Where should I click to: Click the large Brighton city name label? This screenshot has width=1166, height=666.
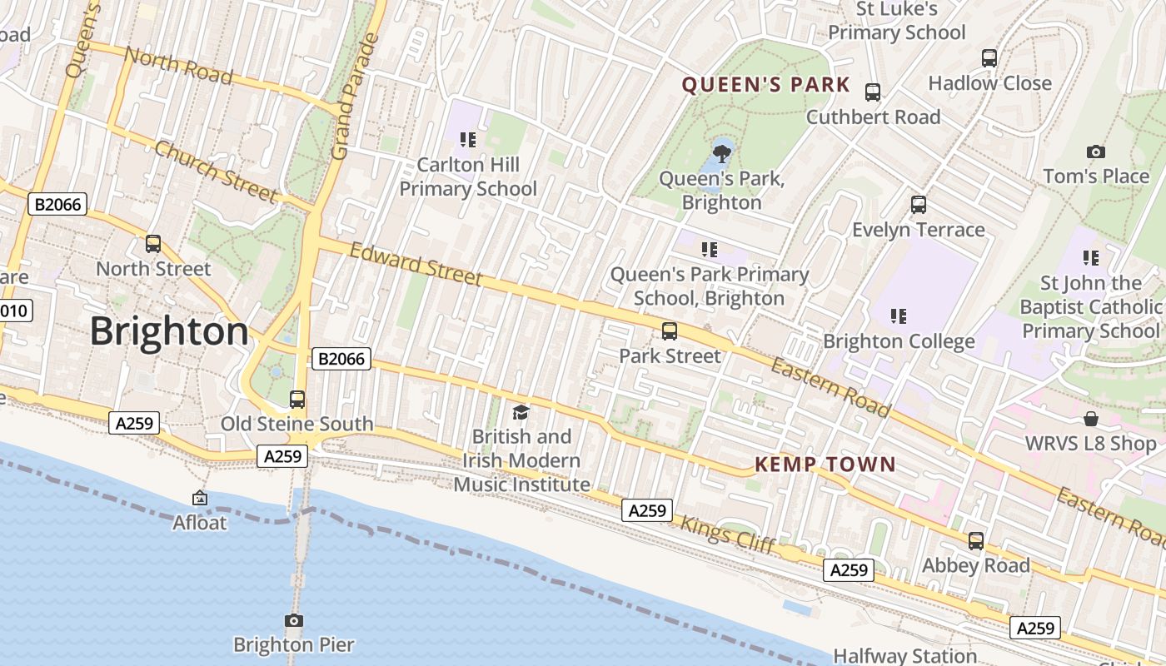[169, 331]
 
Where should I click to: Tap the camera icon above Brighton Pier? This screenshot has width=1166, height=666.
[293, 620]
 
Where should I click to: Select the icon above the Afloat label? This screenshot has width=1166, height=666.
[200, 498]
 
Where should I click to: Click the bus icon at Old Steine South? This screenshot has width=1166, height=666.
[297, 399]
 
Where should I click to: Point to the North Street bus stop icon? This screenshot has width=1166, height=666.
[153, 243]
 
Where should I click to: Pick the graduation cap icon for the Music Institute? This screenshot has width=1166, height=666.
[521, 411]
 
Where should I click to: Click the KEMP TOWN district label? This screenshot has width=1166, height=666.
[825, 465]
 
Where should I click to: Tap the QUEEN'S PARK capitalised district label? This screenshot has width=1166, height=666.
[766, 85]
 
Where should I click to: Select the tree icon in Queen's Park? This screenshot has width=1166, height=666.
[722, 152]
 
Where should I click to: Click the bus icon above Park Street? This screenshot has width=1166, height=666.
[670, 331]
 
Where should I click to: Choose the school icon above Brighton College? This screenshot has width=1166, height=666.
[898, 316]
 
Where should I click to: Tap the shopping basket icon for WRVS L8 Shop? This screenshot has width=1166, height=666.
[1090, 418]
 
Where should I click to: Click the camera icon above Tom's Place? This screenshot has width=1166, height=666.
[1096, 152]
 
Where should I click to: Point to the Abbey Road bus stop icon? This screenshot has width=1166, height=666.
[975, 540]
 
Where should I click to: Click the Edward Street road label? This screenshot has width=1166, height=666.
[416, 264]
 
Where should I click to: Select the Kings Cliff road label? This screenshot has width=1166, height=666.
[728, 534]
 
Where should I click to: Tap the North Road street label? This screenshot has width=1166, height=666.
[178, 65]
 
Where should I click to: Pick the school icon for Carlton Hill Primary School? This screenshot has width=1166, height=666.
[468, 139]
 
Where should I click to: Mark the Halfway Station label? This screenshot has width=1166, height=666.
[904, 656]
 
